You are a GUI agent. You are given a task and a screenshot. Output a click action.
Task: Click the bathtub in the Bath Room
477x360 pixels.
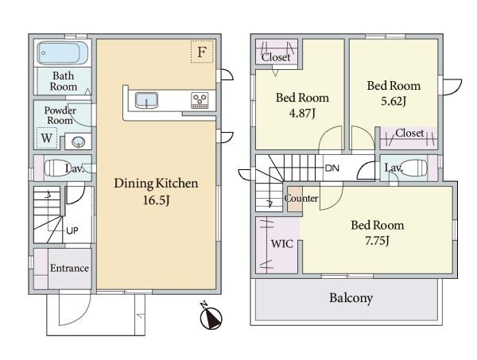63,53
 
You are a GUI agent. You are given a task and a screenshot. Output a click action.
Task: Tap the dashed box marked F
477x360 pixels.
202,52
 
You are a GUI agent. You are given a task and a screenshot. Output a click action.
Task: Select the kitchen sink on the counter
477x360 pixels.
146,100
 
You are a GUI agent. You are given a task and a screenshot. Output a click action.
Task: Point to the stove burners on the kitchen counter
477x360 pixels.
200,100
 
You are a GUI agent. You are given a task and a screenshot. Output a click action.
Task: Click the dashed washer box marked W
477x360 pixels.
47,138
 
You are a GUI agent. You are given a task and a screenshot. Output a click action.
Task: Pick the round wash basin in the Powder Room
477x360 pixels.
78,141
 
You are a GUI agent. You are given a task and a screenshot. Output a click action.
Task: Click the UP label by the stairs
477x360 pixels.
72,230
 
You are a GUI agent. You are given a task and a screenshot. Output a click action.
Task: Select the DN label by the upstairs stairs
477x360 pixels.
332,168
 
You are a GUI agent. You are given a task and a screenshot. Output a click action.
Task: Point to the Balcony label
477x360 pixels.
351,298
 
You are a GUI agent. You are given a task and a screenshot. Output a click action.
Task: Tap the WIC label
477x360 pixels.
282,243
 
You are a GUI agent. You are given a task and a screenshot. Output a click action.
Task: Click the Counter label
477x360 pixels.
301,199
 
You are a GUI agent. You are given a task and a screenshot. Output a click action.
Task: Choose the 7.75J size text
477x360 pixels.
377,241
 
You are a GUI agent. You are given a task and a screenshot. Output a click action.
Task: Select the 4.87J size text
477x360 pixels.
302,114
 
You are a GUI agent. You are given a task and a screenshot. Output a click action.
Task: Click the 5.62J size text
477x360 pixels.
394,101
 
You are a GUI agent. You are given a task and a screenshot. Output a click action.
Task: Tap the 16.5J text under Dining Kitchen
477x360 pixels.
156,200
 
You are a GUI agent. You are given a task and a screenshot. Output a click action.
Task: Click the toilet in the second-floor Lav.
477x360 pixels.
412,168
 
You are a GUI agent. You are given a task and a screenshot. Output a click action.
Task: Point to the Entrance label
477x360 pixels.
69,268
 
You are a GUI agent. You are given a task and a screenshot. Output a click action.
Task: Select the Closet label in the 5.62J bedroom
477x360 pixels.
409,133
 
